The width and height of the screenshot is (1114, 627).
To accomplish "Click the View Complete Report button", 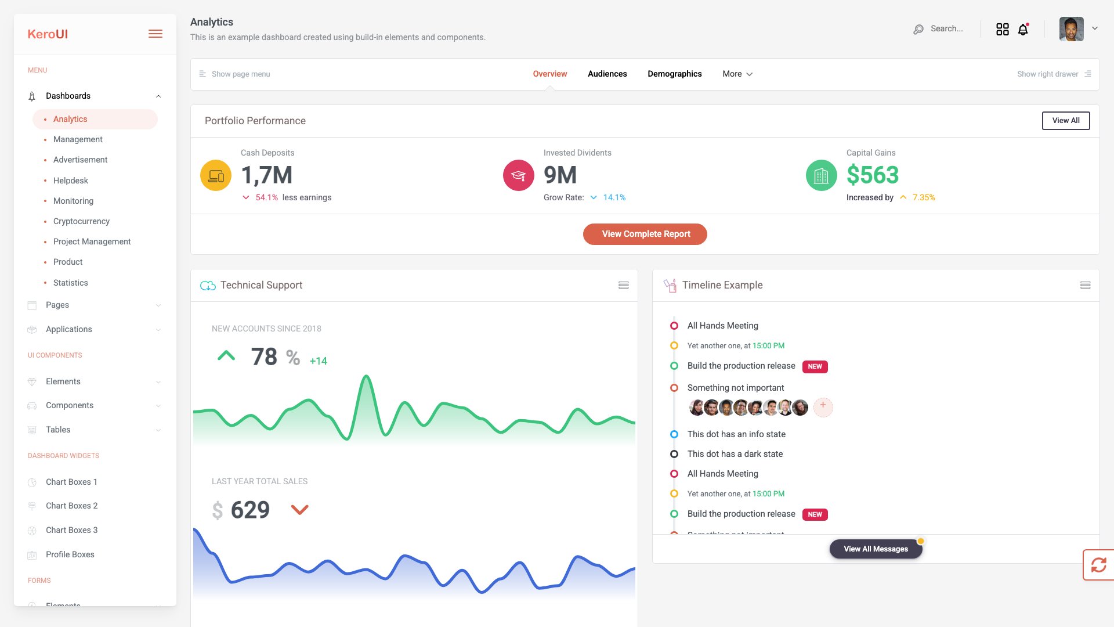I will point(645,234).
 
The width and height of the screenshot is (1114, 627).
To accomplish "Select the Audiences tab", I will point(607,74).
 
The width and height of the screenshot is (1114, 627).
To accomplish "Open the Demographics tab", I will point(674,74).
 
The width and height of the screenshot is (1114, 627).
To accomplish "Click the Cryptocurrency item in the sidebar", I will point(81,221).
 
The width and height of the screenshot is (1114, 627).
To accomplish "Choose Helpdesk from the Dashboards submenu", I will point(71,181).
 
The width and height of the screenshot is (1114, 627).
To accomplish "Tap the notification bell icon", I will point(1023,30).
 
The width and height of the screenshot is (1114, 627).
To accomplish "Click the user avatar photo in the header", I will point(1071,29).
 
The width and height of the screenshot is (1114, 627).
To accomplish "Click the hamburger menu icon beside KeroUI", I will point(155,34).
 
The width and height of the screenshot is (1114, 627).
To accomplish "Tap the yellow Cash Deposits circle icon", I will point(216,175).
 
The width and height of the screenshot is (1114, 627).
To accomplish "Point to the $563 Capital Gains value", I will point(872,175).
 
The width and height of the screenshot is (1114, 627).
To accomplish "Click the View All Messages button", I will point(876,549).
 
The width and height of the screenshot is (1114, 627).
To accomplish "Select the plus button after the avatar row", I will point(823,406).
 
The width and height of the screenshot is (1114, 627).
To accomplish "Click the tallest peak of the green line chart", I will point(366,377).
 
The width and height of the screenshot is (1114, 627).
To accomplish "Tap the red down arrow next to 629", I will point(299,510).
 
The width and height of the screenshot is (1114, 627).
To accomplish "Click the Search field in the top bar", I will point(946,28).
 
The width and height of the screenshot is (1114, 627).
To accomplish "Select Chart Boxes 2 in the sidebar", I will point(71,506).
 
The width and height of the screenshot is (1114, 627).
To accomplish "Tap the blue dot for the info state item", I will point(674,434).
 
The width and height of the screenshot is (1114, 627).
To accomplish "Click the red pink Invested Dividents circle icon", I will point(519,175).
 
